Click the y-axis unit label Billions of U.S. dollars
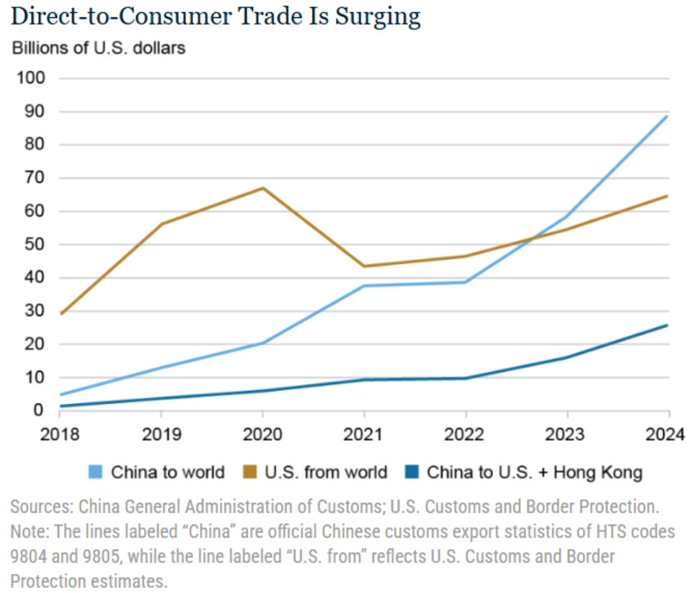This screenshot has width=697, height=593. click(98, 48)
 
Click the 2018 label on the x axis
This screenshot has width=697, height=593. click(59, 434)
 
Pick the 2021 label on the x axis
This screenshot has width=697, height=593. click(364, 434)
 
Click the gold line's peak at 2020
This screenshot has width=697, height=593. click(263, 188)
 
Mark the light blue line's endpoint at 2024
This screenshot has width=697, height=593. click(667, 116)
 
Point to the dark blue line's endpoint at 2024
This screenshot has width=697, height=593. click(667, 325)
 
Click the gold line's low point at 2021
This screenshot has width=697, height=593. click(365, 266)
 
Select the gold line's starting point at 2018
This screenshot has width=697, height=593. click(60, 313)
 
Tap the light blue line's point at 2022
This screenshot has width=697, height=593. click(466, 282)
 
